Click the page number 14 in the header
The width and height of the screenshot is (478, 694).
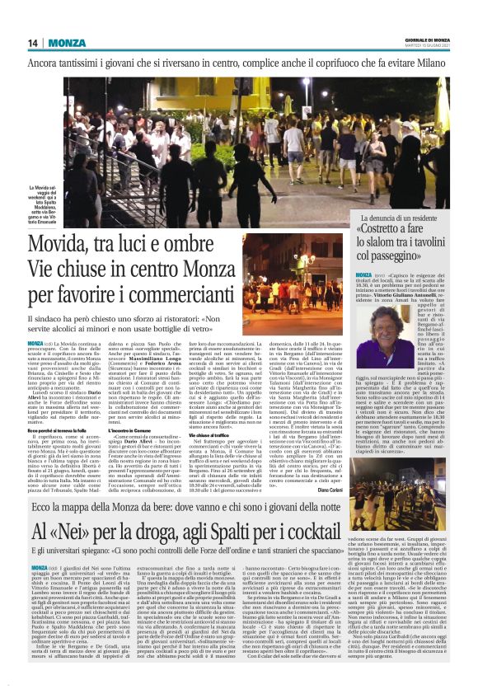tap(33, 43)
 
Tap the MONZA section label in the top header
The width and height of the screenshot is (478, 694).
tap(65, 43)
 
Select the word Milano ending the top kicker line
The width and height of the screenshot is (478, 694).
tap(429, 62)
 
